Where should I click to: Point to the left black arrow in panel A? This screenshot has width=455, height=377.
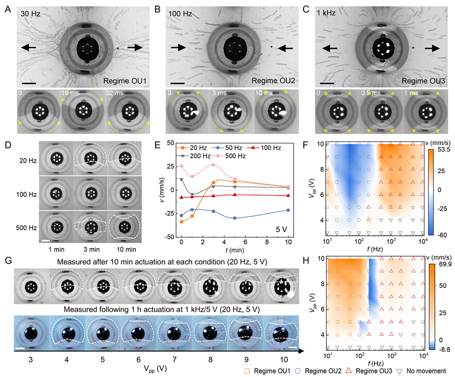coord(28,47)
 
